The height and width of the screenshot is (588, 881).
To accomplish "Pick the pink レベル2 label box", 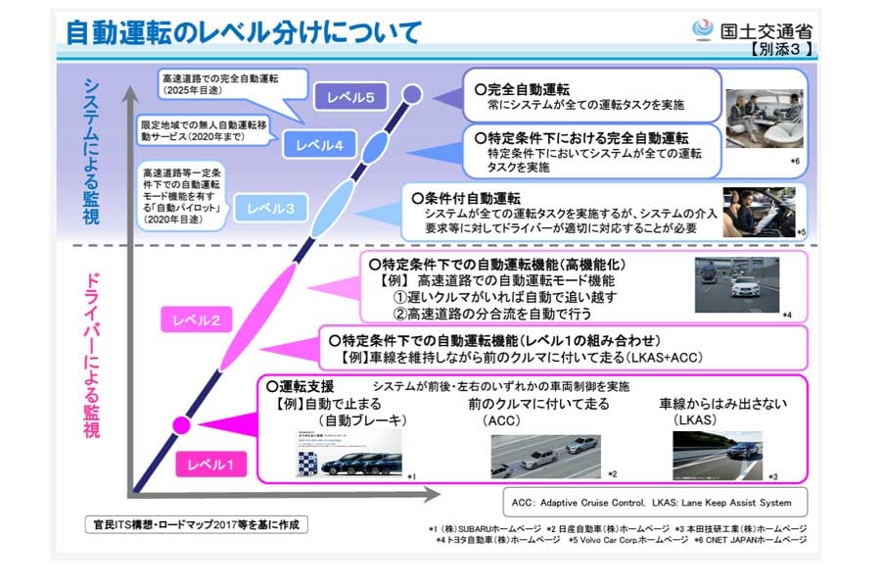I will click(197, 318).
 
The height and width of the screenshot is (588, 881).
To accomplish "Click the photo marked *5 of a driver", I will click(758, 209).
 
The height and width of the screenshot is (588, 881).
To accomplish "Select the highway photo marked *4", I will click(742, 285).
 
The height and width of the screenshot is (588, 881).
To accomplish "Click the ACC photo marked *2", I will click(546, 456).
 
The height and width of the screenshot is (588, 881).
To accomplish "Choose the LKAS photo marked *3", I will click(718, 454).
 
